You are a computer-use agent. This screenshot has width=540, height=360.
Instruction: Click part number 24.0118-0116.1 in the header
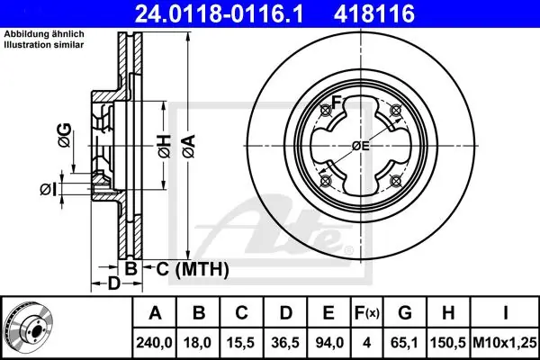coord(219,13)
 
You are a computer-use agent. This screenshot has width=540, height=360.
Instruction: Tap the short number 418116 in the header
coord(374,13)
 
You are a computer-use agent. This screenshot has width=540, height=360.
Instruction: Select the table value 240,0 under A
coord(154,343)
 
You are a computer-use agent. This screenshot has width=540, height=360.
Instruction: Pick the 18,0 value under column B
coord(198,343)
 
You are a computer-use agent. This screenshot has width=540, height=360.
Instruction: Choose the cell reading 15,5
coord(241,343)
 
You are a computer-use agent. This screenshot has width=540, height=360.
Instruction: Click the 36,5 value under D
coord(285,343)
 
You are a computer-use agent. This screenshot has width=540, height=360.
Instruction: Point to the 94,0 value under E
coord(328,343)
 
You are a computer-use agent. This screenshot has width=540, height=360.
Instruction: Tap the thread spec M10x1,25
coord(505,343)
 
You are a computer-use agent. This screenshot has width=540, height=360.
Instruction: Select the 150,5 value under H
coord(448,343)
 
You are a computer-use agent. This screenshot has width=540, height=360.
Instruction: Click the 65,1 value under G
coord(405,343)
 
